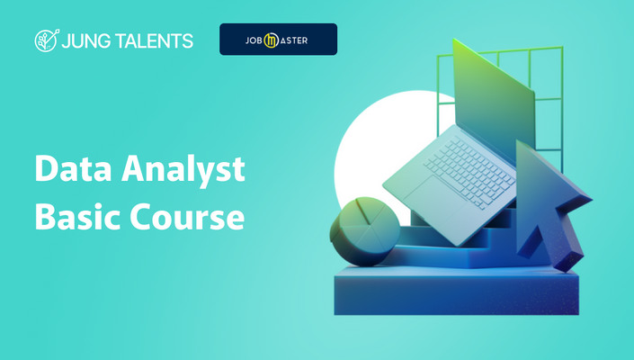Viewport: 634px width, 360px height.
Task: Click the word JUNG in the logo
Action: [x=85, y=41]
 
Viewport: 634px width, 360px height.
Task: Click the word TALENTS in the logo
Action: [x=154, y=40]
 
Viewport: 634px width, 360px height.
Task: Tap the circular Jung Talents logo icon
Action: [x=47, y=40]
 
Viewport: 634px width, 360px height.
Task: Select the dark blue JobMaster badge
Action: [x=278, y=40]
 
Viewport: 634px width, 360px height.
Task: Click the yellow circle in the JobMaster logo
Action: [x=272, y=40]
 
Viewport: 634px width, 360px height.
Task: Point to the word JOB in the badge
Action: [x=254, y=40]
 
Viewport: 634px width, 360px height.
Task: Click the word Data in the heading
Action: [x=73, y=168]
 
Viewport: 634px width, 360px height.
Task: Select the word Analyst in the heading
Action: [x=183, y=171]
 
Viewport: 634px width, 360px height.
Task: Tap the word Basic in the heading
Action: [x=78, y=216]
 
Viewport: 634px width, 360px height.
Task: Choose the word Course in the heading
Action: [x=187, y=217]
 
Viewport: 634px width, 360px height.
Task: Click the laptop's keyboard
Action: [x=469, y=172]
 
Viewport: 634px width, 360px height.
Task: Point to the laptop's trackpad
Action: [x=435, y=197]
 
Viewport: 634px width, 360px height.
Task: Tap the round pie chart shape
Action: [x=364, y=231]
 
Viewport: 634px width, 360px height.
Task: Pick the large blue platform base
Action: [x=457, y=291]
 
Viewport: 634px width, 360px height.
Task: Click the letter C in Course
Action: [x=140, y=217]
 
